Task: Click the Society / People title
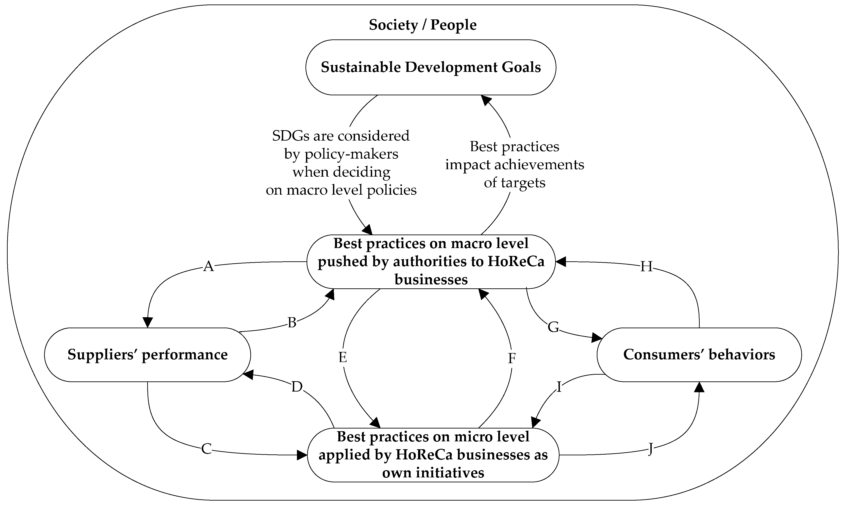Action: [x=423, y=25]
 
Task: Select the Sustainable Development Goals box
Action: [x=430, y=67]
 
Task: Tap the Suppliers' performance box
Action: [x=147, y=355]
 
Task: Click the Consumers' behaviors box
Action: [x=699, y=355]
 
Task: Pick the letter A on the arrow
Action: [x=208, y=266]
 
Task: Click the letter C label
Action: [x=206, y=449]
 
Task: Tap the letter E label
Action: [x=342, y=357]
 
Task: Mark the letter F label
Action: [x=511, y=358]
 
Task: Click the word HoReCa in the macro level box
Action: [x=516, y=262]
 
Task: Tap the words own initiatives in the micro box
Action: [x=433, y=473]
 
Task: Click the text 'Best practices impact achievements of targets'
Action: [x=514, y=164]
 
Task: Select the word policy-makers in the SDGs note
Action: [x=351, y=154]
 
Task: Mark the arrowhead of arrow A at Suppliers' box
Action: [x=147, y=322]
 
